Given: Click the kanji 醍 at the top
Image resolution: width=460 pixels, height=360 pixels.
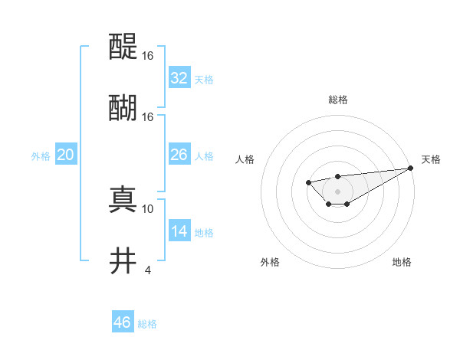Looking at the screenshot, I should coord(123,47).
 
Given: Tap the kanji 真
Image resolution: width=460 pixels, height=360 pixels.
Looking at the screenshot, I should coord(123,199).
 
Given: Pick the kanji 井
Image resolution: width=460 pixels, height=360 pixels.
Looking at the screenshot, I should coord(123,260).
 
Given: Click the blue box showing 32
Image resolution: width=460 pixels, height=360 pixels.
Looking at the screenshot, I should coord(179,78).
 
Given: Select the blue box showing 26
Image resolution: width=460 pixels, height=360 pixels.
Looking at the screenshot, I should coord(179,155).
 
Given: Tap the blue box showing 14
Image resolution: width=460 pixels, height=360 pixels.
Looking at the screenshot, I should coord(179,231).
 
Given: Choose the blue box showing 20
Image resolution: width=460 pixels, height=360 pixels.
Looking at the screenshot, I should coord(66,155).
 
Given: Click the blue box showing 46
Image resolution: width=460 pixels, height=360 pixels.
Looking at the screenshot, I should coord(123,322).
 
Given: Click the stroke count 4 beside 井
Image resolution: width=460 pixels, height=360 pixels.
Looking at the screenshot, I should coord(147,270).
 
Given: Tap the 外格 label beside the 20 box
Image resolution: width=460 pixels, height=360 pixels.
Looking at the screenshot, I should coord(41,156).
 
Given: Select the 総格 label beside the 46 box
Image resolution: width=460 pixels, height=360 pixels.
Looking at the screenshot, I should coord(147,324).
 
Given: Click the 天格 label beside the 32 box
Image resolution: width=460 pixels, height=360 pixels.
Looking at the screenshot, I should coord(203,80).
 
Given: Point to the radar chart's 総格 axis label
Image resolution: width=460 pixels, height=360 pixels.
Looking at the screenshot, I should coord(337,100).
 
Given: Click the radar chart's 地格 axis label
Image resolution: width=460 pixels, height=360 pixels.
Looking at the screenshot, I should coord(402,262).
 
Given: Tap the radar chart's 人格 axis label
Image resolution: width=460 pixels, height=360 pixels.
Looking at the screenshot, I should coord(245,159).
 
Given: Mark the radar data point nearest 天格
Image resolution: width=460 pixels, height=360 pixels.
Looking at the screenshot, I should coord(412,168).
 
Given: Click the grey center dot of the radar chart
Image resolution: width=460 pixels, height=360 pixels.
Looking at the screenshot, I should coord(337,191).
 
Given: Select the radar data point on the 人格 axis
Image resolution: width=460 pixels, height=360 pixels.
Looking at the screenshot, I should coord(308,182).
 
